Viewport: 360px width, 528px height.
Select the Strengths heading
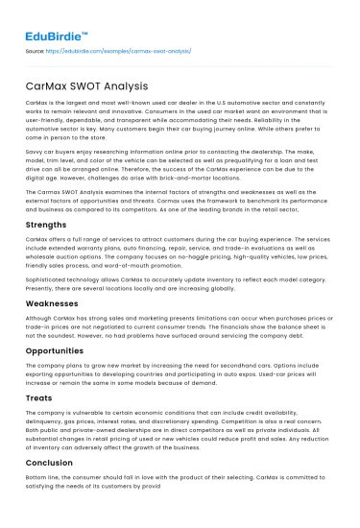[44, 224]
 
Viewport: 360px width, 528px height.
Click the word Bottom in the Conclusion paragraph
[37, 506]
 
